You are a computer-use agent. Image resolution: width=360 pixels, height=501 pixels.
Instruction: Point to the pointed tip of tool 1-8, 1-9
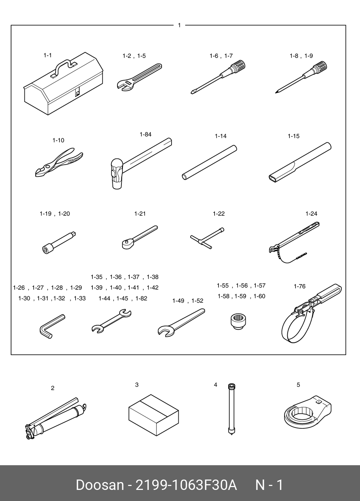[x=277, y=92]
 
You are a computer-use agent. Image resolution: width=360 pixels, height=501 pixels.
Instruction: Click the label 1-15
[x=293, y=136]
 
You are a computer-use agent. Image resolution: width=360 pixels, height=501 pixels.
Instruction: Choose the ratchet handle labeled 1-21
[x=139, y=237]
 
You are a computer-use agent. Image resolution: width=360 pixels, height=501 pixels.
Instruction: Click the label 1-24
[x=311, y=214]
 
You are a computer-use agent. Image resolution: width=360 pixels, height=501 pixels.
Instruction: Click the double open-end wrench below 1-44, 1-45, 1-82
[x=111, y=321]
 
